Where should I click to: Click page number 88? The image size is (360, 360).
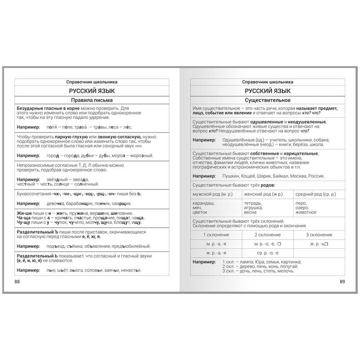18,282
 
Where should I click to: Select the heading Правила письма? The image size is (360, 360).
92,100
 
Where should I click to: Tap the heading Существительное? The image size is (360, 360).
267,100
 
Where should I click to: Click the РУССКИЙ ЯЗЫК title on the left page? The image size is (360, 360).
92,91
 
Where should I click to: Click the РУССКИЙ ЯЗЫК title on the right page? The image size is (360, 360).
267,91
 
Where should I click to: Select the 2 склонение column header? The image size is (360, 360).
267,235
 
